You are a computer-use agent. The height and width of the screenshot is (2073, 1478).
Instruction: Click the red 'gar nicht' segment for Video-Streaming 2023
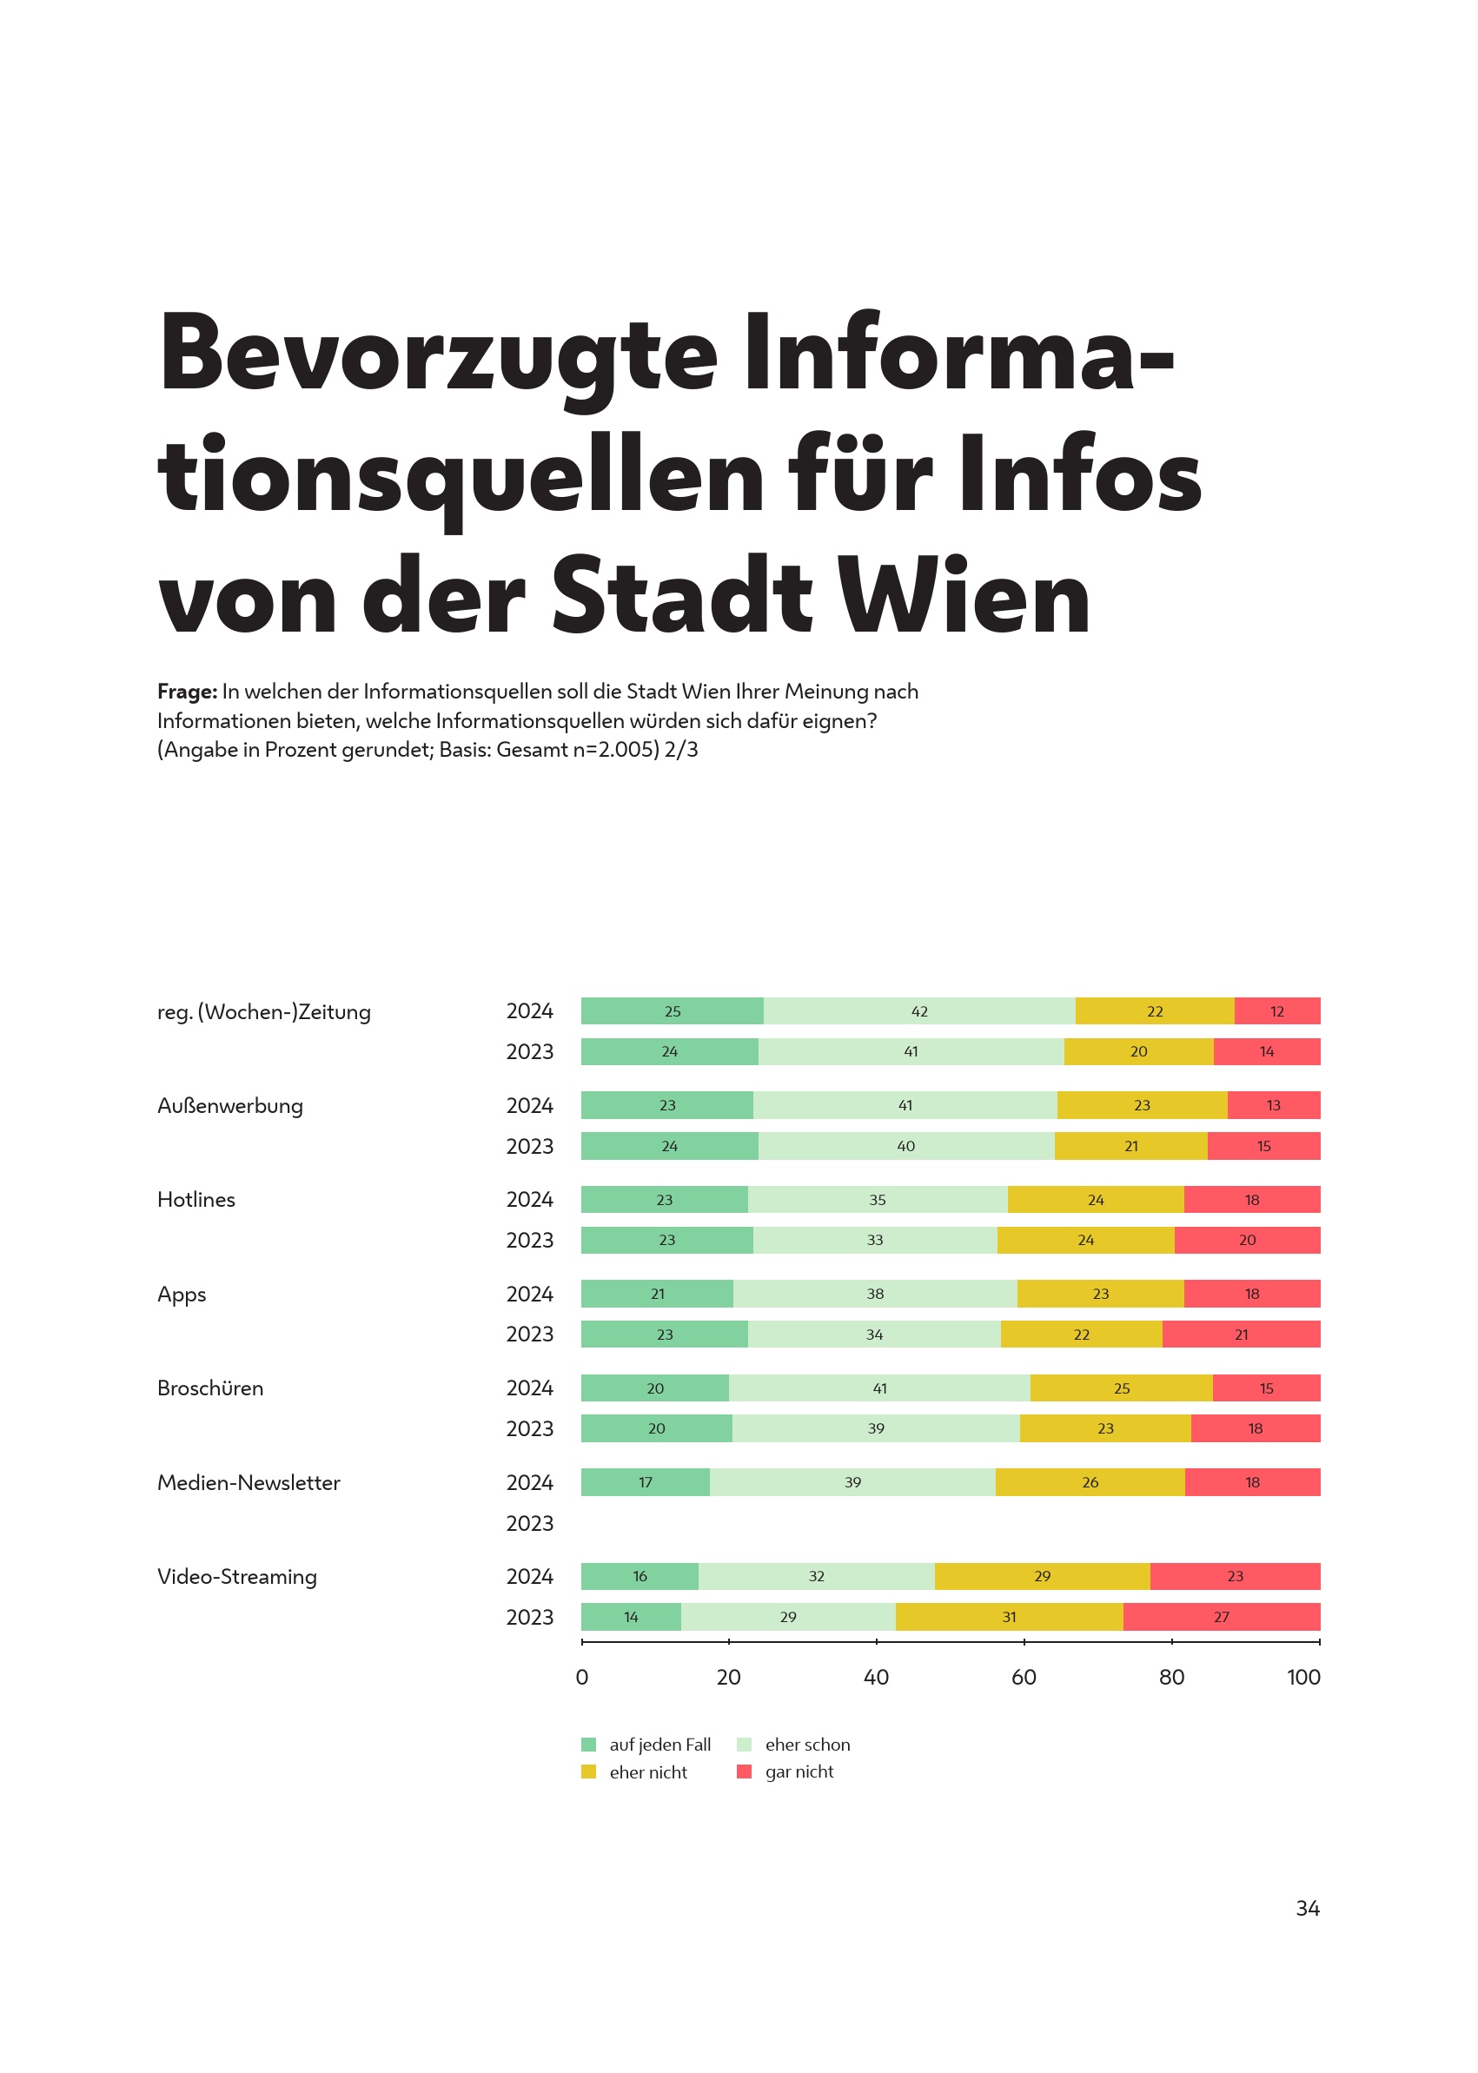pos(1221,1617)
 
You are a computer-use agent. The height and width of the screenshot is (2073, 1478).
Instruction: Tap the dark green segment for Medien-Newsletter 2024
pos(645,1482)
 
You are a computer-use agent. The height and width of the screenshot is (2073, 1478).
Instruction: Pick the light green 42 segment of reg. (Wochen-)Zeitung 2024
pos(918,1011)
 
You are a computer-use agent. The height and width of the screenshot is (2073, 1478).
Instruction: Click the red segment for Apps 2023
pos(1241,1335)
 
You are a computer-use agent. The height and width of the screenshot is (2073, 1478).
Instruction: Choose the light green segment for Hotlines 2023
pos(874,1240)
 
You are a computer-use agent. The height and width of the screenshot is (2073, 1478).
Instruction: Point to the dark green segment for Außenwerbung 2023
pos(669,1146)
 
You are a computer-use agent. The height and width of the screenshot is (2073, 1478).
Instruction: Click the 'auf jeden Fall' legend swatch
pos(589,1745)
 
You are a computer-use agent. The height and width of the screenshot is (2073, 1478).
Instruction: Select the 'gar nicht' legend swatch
pos(744,1772)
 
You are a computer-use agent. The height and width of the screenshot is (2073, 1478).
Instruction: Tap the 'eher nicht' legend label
pos(648,1772)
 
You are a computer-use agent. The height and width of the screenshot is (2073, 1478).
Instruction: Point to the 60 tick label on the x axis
pos(1023,1677)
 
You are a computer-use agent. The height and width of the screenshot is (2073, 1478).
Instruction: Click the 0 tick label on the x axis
pos(581,1677)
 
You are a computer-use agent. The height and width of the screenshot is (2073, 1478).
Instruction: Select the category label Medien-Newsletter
pos(249,1482)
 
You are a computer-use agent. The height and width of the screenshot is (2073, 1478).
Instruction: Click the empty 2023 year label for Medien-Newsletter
pos(529,1523)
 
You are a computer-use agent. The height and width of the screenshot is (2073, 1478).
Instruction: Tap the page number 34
pos(1307,1908)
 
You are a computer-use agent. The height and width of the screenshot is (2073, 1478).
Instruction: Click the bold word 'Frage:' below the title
pos(187,692)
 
